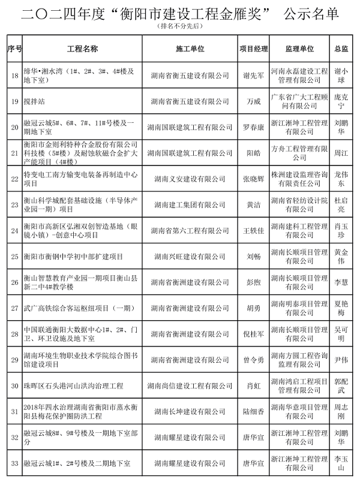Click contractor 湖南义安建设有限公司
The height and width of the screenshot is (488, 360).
coord(190,179)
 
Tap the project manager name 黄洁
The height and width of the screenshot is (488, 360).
coord(253,204)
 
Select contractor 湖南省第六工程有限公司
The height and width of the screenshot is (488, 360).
coord(190,230)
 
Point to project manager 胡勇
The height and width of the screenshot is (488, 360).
coord(253,308)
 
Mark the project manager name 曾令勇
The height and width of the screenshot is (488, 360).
coord(253,360)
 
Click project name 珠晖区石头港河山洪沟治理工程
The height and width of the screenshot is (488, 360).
coord(74,385)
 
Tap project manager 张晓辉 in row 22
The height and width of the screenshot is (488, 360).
coord(253,179)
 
